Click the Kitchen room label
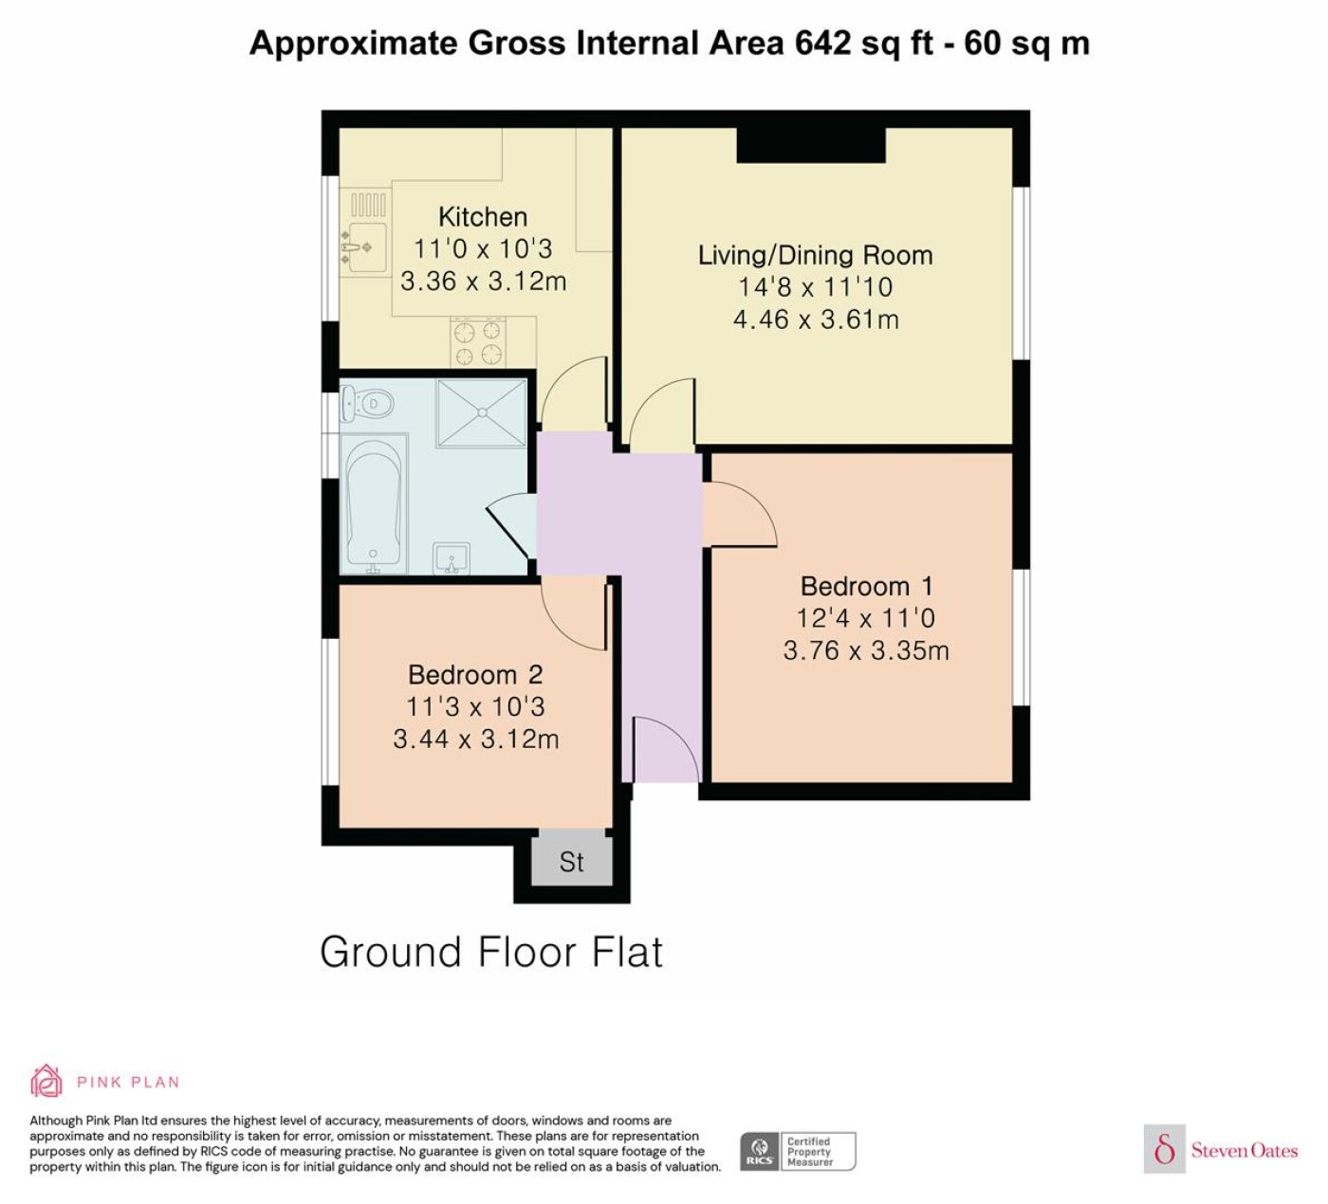483,217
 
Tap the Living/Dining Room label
816,255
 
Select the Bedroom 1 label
867,587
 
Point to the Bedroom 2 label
475,675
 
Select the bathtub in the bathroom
374,504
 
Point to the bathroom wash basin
452,558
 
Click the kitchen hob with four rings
477,341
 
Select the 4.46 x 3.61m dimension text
816,319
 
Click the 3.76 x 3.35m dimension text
866,650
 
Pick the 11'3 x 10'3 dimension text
475,707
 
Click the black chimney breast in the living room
811,145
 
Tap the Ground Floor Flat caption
491,953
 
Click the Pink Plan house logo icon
46,1082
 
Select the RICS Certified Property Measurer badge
798,1152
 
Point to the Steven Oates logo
1221,1150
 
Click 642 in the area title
822,44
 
